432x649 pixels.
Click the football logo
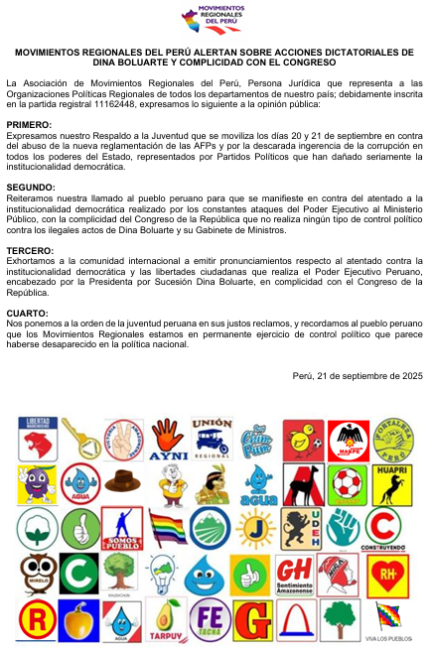(x=347, y=483)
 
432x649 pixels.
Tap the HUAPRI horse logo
(x=389, y=483)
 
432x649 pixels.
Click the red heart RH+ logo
(x=388, y=575)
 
